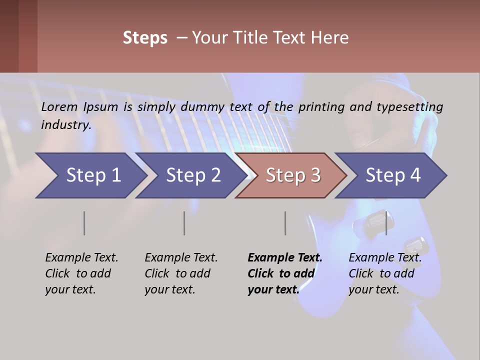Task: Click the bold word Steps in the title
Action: [145, 38]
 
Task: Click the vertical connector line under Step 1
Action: [84, 223]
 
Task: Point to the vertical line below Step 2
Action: [184, 223]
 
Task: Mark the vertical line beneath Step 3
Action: [285, 223]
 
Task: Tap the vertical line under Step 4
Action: [386, 223]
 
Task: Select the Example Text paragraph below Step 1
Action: [81, 273]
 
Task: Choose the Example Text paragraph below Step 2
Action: [181, 273]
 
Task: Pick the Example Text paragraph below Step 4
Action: [385, 273]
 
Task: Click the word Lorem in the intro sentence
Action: [59, 106]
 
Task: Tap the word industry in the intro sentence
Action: [65, 125]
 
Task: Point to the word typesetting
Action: [409, 107]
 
